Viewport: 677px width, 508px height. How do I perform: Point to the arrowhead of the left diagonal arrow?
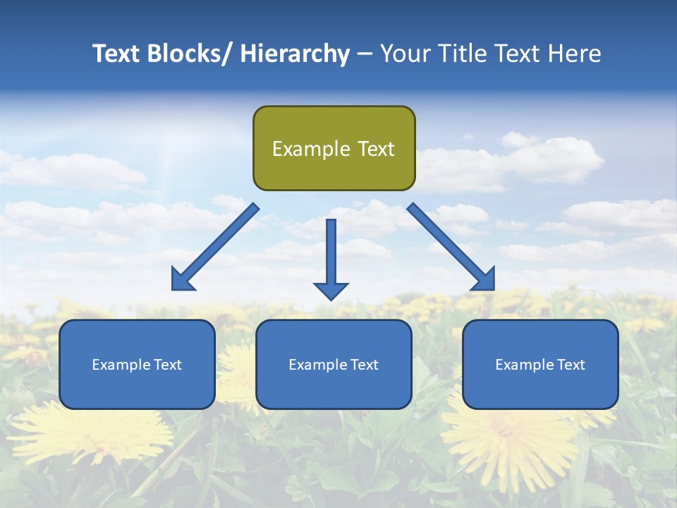pos(182,281)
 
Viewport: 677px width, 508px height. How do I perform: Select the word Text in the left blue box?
pos(168,365)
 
